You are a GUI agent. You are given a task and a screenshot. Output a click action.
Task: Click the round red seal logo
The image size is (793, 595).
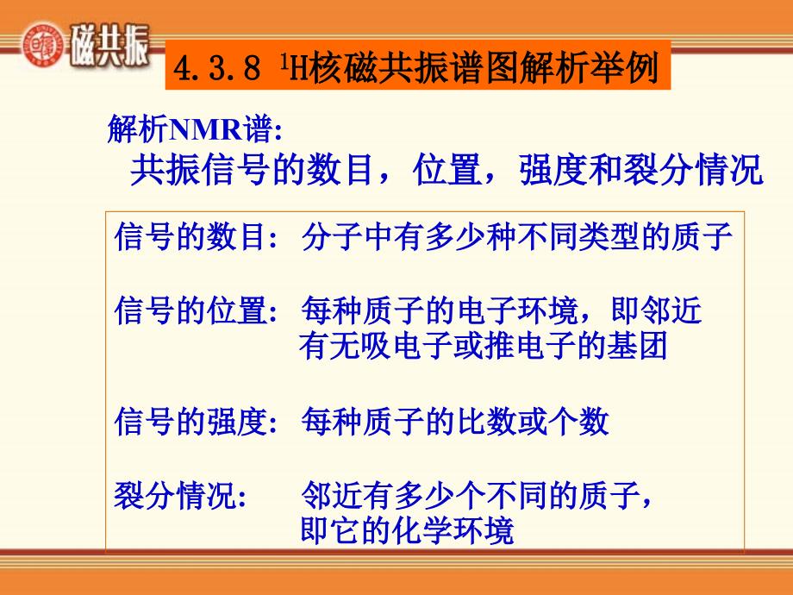[x=43, y=44]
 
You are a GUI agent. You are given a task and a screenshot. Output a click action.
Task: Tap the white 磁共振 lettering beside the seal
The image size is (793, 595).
[x=109, y=46]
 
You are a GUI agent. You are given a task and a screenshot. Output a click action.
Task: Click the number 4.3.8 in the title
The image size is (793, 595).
[x=217, y=68]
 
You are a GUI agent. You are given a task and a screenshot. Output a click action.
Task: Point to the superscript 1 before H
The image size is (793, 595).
[x=284, y=61]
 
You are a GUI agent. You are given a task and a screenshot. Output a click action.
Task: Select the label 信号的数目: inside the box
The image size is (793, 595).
[x=197, y=237]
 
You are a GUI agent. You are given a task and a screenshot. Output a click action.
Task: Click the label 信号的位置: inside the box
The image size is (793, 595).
[x=197, y=310]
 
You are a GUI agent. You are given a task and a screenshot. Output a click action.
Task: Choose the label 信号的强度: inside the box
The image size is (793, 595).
[x=197, y=422]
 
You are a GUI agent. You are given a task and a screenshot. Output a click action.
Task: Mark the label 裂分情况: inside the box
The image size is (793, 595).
[x=180, y=495]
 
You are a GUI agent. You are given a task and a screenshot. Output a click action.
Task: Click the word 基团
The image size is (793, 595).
[x=637, y=346]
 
